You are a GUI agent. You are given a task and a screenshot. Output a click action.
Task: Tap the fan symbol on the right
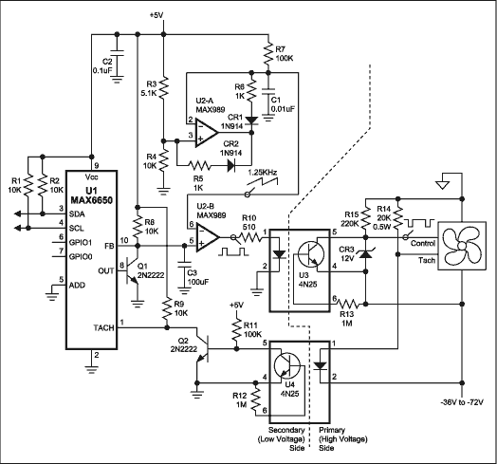point(459,249)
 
